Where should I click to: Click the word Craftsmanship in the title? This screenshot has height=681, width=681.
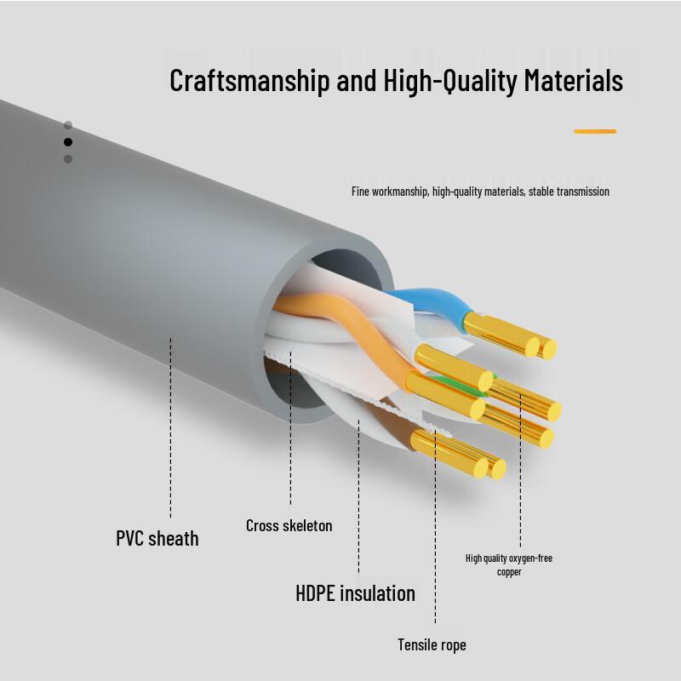pyautogui.click(x=249, y=81)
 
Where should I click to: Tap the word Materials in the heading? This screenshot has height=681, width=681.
pyautogui.click(x=573, y=80)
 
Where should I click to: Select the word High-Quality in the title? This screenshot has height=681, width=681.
pyautogui.click(x=450, y=81)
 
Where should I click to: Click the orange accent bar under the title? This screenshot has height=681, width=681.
pyautogui.click(x=594, y=131)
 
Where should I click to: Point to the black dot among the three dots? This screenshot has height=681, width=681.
pyautogui.click(x=68, y=142)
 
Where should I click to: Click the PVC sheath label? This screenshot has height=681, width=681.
pyautogui.click(x=157, y=539)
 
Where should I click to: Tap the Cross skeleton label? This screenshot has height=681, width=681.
pyautogui.click(x=289, y=525)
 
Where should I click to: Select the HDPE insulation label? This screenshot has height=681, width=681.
pyautogui.click(x=355, y=592)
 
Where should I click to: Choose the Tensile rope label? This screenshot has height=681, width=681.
pyautogui.click(x=432, y=645)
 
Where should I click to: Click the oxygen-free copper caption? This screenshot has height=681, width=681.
pyautogui.click(x=509, y=564)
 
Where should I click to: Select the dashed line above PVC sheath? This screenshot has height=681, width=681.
pyautogui.click(x=171, y=428)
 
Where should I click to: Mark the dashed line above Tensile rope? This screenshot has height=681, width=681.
pyautogui.click(x=435, y=527)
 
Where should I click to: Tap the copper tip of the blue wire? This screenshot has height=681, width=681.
pyautogui.click(x=510, y=335)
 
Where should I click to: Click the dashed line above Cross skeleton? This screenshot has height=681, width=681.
pyautogui.click(x=290, y=429)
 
